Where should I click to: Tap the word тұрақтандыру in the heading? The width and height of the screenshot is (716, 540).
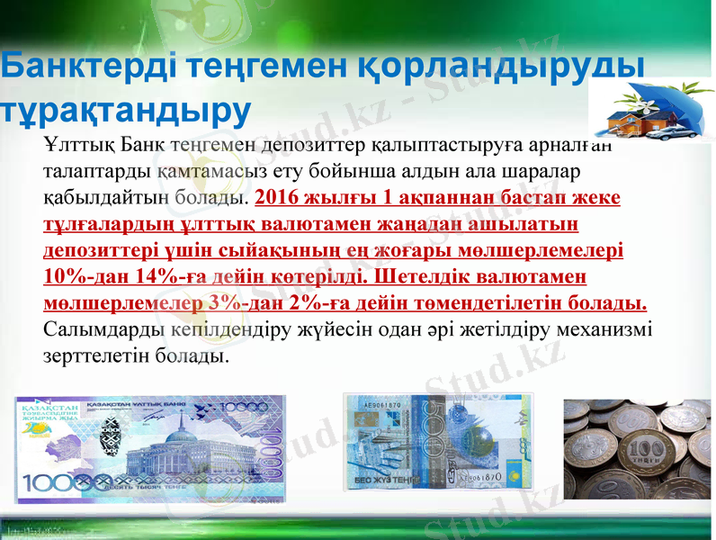coord(126,109)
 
